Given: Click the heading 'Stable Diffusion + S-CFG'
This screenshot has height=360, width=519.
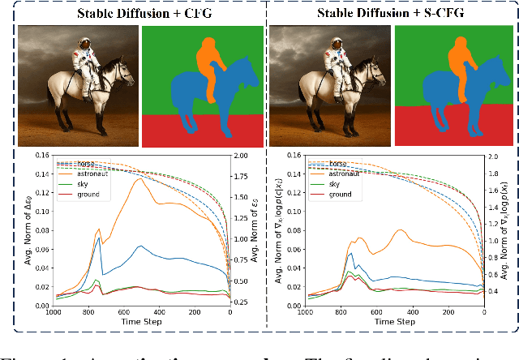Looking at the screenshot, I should click(391, 12).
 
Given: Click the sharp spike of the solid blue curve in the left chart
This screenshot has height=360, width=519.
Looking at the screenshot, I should click(98, 238).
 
